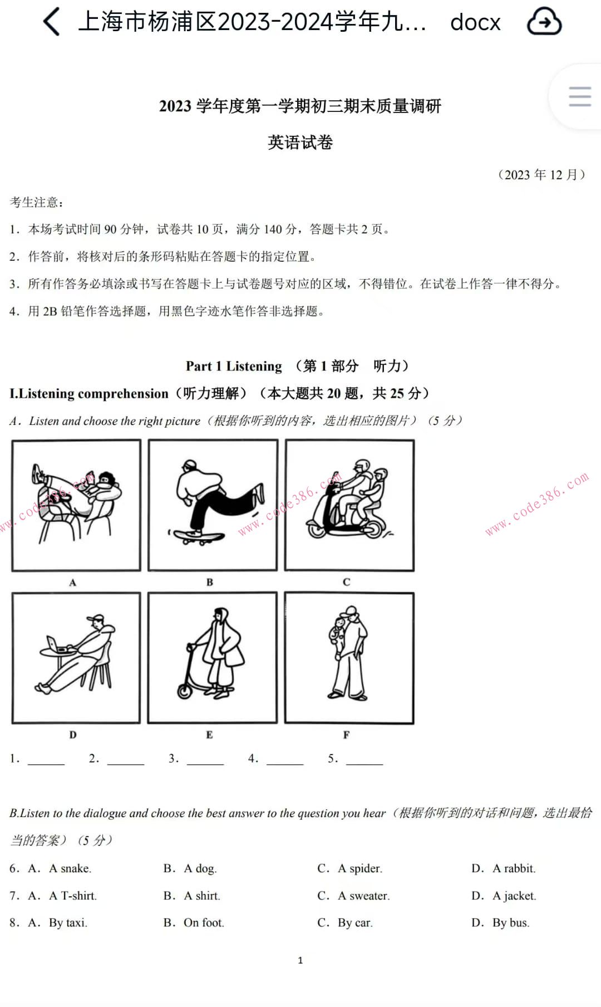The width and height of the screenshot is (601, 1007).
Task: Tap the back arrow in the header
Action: [x=51, y=22]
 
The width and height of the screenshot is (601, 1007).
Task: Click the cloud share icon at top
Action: [x=544, y=22]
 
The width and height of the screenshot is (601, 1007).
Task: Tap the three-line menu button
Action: [x=579, y=96]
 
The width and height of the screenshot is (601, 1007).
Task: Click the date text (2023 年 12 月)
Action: [x=541, y=175]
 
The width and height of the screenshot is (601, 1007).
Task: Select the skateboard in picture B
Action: [x=199, y=536]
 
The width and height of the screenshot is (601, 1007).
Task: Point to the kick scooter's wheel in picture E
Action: [x=185, y=691]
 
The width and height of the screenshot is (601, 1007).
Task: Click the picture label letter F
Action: [x=346, y=735]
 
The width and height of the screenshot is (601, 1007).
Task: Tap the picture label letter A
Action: [x=72, y=583]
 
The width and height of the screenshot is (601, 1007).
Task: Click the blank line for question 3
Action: [x=205, y=760]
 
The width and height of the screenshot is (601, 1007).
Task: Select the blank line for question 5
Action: [x=364, y=760]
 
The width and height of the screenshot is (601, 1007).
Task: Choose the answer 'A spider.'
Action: [x=359, y=868]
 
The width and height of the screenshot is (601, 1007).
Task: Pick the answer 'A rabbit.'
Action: [x=514, y=868]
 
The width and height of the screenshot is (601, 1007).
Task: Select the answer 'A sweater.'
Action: [x=363, y=896]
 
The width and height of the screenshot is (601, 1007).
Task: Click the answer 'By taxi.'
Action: [x=68, y=923]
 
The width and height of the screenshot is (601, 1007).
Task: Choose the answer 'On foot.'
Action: [x=204, y=923]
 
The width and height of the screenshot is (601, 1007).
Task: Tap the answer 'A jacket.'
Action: [x=514, y=896]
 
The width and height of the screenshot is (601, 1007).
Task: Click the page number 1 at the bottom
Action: [x=300, y=960]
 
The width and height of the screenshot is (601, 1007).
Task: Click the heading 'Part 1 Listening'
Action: [x=234, y=366]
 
